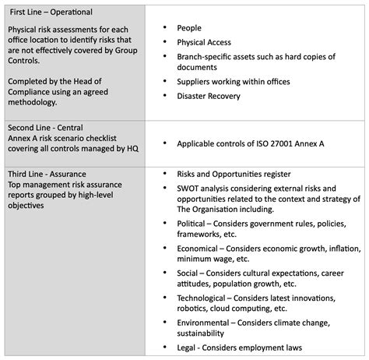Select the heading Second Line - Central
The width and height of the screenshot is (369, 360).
(x=46, y=127)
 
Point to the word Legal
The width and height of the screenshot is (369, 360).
(x=189, y=347)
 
